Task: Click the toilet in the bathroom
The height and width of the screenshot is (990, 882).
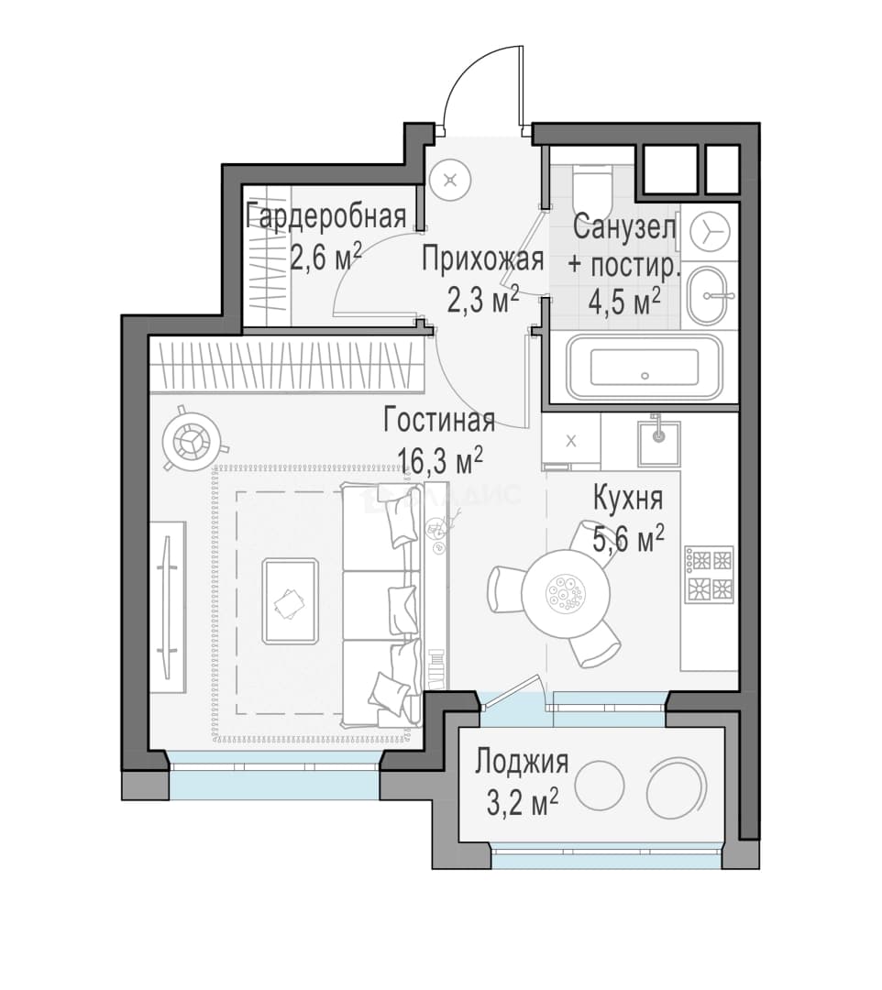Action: point(593,189)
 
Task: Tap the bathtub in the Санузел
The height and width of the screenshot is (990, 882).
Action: point(644,367)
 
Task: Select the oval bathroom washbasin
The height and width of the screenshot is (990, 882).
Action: point(710,295)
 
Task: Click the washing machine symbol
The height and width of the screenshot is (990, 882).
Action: point(710,231)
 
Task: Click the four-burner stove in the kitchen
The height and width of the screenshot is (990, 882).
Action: point(710,575)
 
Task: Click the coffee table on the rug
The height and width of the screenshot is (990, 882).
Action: point(290,601)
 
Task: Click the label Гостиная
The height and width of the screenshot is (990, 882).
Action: point(439,421)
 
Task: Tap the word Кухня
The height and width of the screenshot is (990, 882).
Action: point(627,499)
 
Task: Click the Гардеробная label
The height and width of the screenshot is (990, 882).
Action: point(325,216)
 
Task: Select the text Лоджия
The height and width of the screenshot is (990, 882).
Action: point(522,762)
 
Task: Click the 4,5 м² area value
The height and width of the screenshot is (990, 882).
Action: point(624,302)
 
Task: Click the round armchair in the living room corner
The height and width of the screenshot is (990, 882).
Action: point(192,437)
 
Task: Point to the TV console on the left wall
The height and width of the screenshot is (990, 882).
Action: point(167,608)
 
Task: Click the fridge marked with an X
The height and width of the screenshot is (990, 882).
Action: point(571,441)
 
